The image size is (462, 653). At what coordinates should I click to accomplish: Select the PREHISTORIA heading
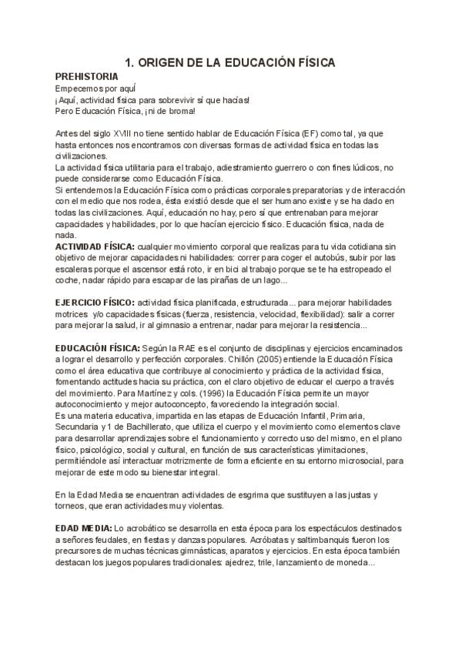pyautogui.click(x=87, y=76)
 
